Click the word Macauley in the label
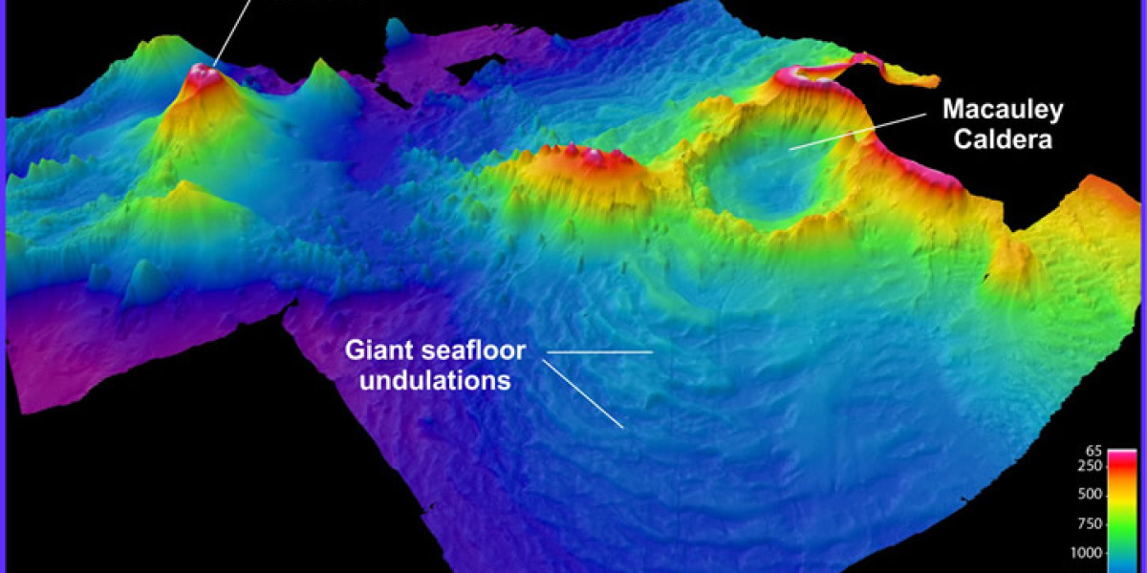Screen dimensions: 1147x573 point(1003,111)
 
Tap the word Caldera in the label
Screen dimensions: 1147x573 point(1003,140)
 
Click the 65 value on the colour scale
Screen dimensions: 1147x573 point(1094,450)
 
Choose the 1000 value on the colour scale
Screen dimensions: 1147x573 point(1089,552)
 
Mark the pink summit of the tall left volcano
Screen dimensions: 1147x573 point(202,72)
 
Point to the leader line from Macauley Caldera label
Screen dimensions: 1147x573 point(857,131)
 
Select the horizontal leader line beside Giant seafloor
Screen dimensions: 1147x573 point(598,352)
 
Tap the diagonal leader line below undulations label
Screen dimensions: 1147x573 point(583,393)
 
